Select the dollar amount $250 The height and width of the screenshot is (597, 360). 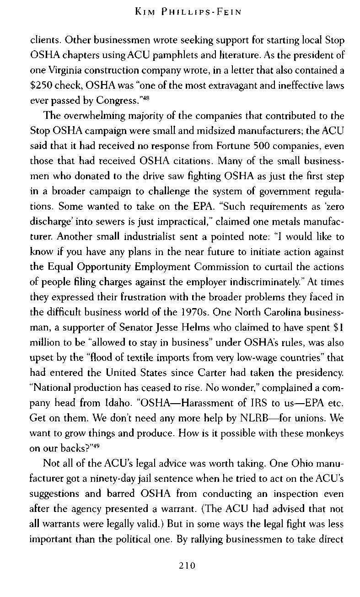click(41, 85)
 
